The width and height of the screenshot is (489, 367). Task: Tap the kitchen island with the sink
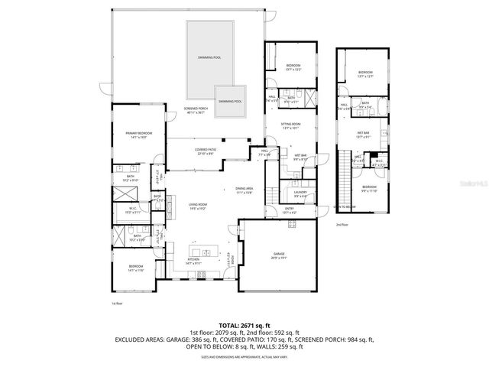203,252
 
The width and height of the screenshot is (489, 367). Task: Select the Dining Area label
244,190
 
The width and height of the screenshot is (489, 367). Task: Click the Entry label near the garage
289,209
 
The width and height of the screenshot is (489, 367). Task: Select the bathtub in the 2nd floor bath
382,106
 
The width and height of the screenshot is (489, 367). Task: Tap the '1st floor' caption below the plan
116,304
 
